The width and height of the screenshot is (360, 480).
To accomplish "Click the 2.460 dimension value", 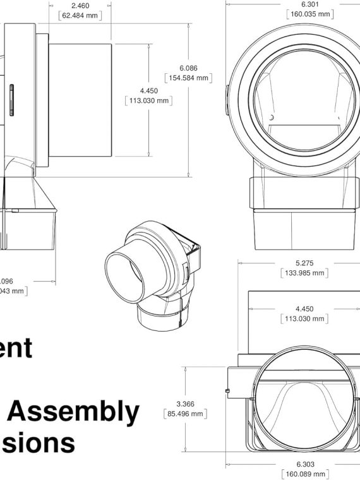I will pos(79,5).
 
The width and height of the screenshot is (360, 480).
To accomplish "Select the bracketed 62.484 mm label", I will pos(79,15).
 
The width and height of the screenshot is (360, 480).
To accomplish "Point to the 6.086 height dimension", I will pos(188,68).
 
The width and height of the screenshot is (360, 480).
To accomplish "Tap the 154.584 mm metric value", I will pos(188,78).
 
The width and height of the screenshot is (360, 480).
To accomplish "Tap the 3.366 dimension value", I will pos(185,404).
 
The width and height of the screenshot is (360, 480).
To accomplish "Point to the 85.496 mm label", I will pos(185,414).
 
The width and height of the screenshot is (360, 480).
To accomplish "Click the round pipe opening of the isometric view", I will pos(125,276).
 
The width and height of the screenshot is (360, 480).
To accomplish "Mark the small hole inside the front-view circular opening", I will pos(271,117).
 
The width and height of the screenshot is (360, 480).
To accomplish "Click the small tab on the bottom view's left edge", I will pos(226,392).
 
